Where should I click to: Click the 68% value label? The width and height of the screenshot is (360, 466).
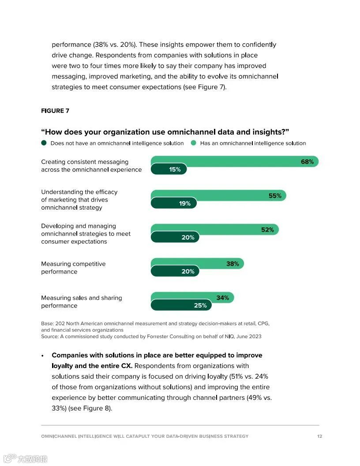pos(307,162)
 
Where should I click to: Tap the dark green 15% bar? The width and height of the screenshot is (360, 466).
pos(169,169)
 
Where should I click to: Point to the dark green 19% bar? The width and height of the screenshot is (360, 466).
pos(173,203)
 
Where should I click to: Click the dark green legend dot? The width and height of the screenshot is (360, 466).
pos(44,143)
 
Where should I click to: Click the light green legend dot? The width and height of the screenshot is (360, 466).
pos(193,143)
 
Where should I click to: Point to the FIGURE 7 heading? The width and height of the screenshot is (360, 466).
pos(55,111)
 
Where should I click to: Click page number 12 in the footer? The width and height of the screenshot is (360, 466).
pos(319,436)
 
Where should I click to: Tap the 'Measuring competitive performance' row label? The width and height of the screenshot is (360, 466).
pos(73,268)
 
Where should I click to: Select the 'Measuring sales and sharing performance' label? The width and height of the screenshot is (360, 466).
pos(81,302)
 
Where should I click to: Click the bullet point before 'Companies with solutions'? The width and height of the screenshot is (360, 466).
pos(42,356)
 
